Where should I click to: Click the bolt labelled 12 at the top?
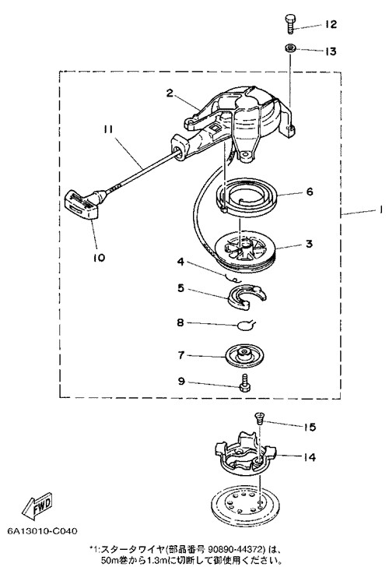pyautogui.click(x=290, y=24)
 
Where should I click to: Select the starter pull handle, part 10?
pyautogui.click(x=85, y=203)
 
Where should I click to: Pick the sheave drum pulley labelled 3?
pyautogui.click(x=246, y=253)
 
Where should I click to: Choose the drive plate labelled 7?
pyautogui.click(x=244, y=355)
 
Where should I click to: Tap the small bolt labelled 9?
pyautogui.click(x=244, y=383)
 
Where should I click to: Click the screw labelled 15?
pyautogui.click(x=260, y=418)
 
